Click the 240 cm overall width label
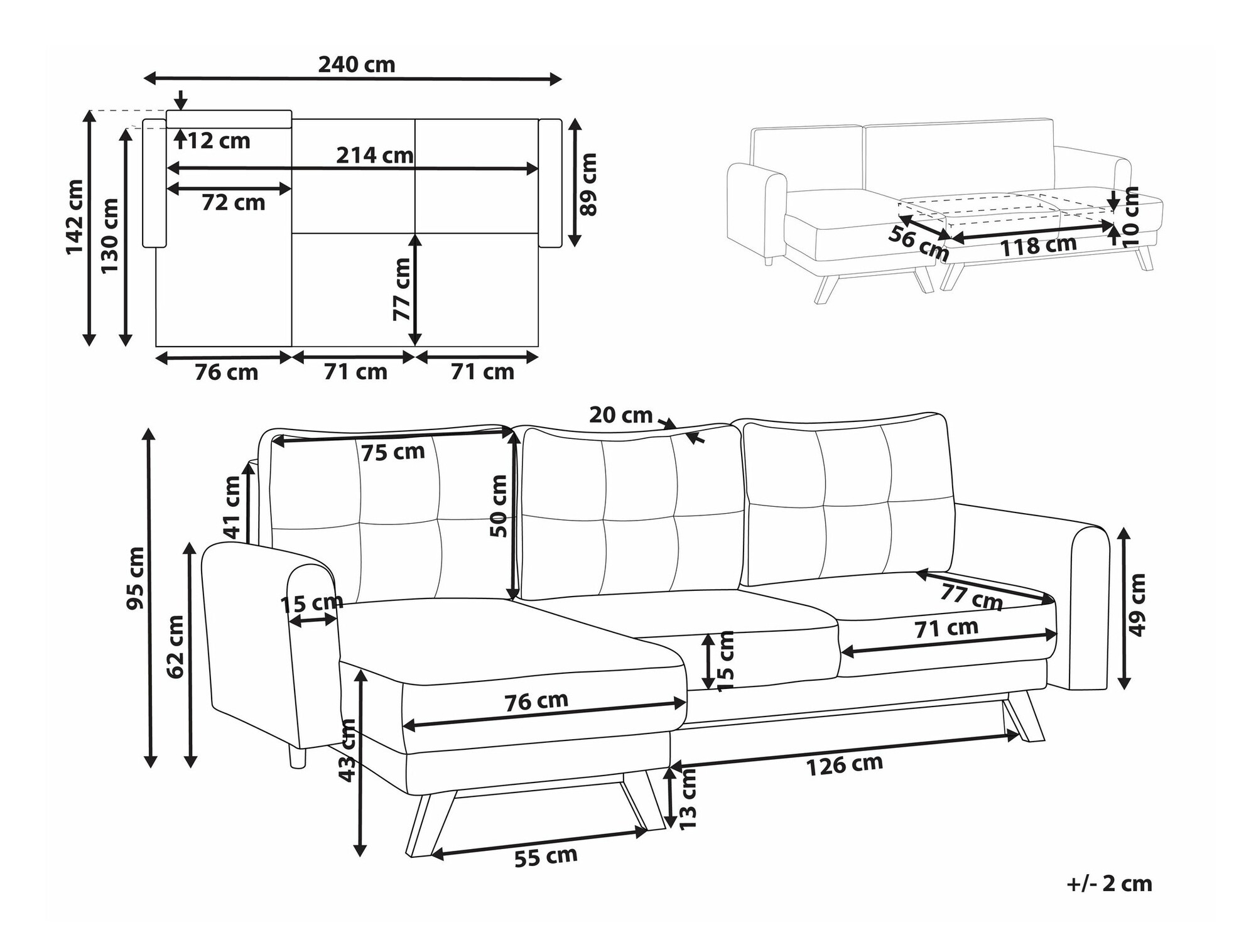[356, 65]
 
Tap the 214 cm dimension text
[375, 155]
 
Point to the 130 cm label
[110, 235]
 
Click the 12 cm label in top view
[219, 141]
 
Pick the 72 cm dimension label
[234, 203]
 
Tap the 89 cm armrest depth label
[588, 185]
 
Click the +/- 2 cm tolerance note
[1110, 884]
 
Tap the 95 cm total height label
[136, 578]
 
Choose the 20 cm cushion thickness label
[621, 415]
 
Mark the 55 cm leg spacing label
[546, 857]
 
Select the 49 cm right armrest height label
[1137, 605]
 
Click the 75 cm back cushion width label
[392, 452]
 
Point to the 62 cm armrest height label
[176, 647]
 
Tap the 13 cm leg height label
[689, 798]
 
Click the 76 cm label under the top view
[226, 372]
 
